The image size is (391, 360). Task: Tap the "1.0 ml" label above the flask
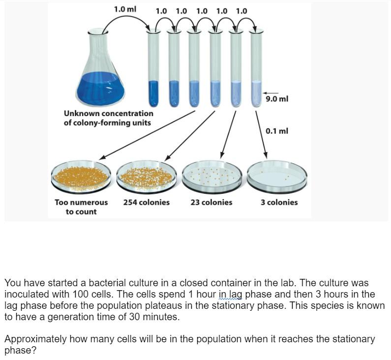coord(125,9)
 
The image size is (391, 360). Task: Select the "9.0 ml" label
coord(277,99)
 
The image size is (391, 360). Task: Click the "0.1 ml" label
coord(276,131)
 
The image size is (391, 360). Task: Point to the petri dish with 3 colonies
coord(277,176)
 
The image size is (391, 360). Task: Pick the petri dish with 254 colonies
coord(146,176)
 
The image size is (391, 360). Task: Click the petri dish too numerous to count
coord(81,176)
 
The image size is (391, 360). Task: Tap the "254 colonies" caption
coord(146,202)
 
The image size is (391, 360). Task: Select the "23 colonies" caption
coord(211,202)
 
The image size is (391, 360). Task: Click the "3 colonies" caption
coord(279,202)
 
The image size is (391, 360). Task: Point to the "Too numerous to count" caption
coord(81,207)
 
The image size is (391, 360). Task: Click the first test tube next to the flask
coord(154,69)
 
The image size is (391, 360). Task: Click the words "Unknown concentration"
coord(109,114)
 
